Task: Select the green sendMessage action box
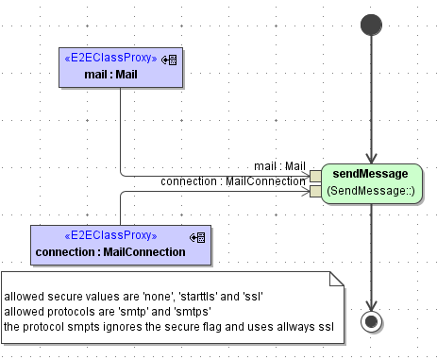tap(370, 182)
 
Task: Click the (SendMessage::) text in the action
tap(370, 191)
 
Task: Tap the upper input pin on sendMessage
tap(315, 176)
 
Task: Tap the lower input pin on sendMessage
tap(315, 192)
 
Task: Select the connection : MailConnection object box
tap(121, 245)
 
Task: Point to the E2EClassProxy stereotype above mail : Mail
tap(110, 59)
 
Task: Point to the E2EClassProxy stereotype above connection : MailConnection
tap(110, 236)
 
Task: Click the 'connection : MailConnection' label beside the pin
tap(233, 181)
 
